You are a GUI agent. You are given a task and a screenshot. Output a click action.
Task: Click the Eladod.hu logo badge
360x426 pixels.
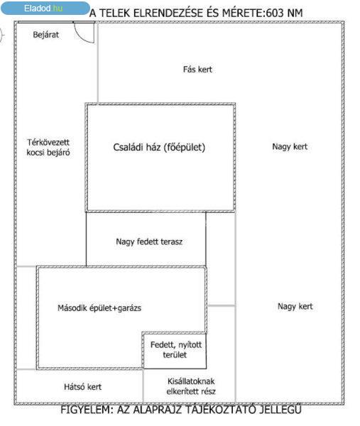tap(45, 8)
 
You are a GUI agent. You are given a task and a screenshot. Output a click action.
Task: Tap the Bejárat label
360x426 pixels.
tap(45, 35)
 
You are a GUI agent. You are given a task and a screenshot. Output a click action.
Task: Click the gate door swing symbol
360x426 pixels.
tap(84, 33)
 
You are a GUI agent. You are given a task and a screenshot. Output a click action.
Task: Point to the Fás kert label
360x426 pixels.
tap(197, 70)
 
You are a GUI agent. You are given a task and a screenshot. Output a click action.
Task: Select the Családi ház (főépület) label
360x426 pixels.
tap(159, 147)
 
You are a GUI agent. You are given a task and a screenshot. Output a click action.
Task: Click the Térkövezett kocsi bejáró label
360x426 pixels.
tap(48, 147)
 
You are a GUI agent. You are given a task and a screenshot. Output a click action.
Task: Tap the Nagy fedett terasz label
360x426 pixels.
tap(149, 241)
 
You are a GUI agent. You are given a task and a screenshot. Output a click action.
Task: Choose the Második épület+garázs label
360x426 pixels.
tap(99, 308)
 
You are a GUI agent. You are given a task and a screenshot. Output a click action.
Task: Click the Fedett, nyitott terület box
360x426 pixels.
tap(175, 351)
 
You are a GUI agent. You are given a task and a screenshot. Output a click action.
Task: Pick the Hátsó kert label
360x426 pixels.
tap(82, 387)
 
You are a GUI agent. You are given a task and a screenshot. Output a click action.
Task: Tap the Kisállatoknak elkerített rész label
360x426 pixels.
tap(191, 386)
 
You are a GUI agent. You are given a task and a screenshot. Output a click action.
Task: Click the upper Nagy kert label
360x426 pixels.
tap(290, 147)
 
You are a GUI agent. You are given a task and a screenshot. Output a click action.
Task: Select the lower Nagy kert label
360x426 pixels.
tap(295, 307)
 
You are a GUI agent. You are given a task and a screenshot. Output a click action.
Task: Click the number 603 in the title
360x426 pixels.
tap(275, 13)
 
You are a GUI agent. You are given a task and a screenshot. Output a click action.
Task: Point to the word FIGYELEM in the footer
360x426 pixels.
tap(86, 410)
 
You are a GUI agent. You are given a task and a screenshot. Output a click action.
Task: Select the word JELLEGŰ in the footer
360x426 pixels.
tap(280, 409)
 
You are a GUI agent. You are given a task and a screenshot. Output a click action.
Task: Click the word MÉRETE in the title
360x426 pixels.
tap(242, 13)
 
